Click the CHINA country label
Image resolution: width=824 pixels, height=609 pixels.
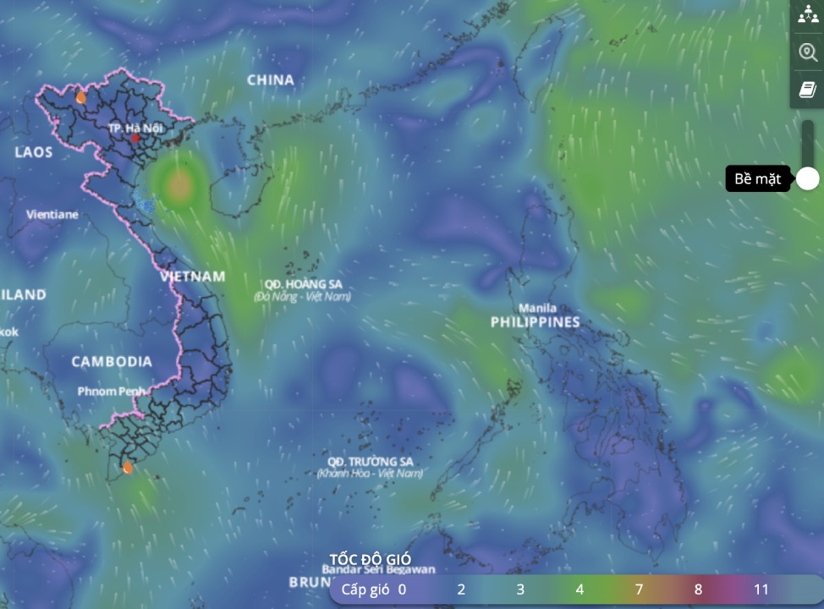(x=271, y=80)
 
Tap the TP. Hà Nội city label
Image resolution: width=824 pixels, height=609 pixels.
(x=135, y=127)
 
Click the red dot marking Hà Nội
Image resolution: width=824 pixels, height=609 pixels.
(x=135, y=138)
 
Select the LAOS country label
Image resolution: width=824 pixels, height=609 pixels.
(x=34, y=152)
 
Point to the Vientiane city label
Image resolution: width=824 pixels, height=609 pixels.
(x=52, y=215)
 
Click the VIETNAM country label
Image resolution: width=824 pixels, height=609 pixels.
(x=194, y=277)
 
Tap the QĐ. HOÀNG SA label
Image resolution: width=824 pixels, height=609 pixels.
(x=302, y=284)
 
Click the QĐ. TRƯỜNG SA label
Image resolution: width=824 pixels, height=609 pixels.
(x=370, y=462)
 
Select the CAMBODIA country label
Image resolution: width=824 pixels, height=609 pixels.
(x=112, y=362)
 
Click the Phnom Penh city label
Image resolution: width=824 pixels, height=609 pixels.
(x=112, y=392)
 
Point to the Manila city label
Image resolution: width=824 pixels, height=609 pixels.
(x=538, y=308)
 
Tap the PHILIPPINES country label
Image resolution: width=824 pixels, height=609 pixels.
(x=536, y=322)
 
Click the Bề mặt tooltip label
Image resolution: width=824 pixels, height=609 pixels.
(x=757, y=179)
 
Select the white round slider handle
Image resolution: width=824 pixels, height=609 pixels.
(x=808, y=178)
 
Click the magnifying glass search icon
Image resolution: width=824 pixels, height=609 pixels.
(x=807, y=52)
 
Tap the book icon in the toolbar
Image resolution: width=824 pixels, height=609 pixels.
(x=807, y=90)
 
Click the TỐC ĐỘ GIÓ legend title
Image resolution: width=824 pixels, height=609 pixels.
(x=371, y=560)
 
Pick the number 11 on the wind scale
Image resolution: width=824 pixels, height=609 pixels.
(x=761, y=590)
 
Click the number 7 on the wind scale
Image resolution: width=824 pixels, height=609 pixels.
(x=639, y=590)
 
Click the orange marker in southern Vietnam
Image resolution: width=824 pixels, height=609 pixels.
(x=128, y=467)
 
